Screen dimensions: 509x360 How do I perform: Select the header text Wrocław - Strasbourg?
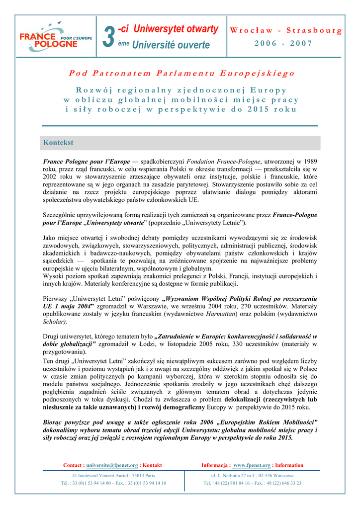tap(286, 30)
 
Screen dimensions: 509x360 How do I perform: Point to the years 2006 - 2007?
tap(283, 43)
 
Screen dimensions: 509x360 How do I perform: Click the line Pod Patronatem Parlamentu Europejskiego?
tap(181, 73)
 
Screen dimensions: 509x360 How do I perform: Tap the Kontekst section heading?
tap(58, 143)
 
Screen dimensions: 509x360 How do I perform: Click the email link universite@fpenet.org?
tap(112, 465)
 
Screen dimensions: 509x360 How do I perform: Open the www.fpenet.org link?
tap(252, 465)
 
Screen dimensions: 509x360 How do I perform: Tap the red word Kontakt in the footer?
tap(152, 465)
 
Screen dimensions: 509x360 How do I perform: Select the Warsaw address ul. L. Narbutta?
tap(252, 475)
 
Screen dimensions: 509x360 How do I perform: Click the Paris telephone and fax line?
tap(113, 483)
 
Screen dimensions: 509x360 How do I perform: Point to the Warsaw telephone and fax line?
tap(252, 483)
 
